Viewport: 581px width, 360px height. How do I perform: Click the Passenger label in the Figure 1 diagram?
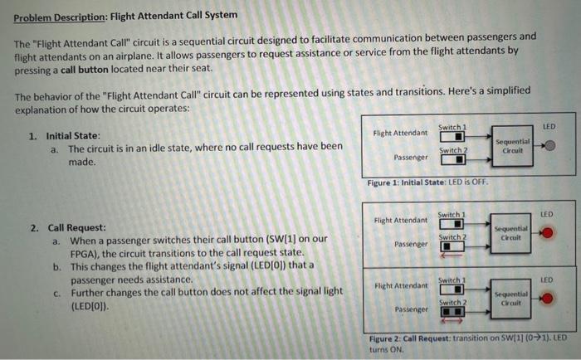(x=413, y=157)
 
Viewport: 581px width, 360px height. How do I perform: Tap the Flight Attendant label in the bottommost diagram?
(x=401, y=286)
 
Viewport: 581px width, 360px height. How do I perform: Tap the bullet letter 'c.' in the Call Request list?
(x=56, y=293)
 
